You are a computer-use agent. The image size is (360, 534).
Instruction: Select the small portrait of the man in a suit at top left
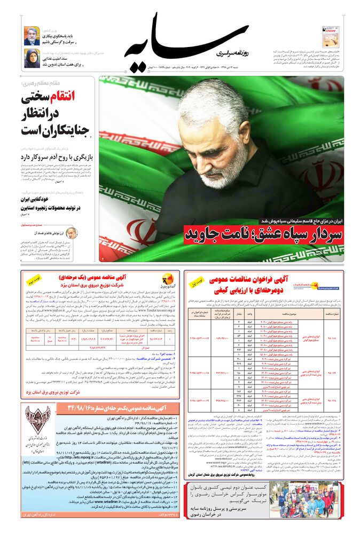(32, 36)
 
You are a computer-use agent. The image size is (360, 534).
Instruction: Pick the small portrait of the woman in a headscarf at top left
(32, 58)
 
